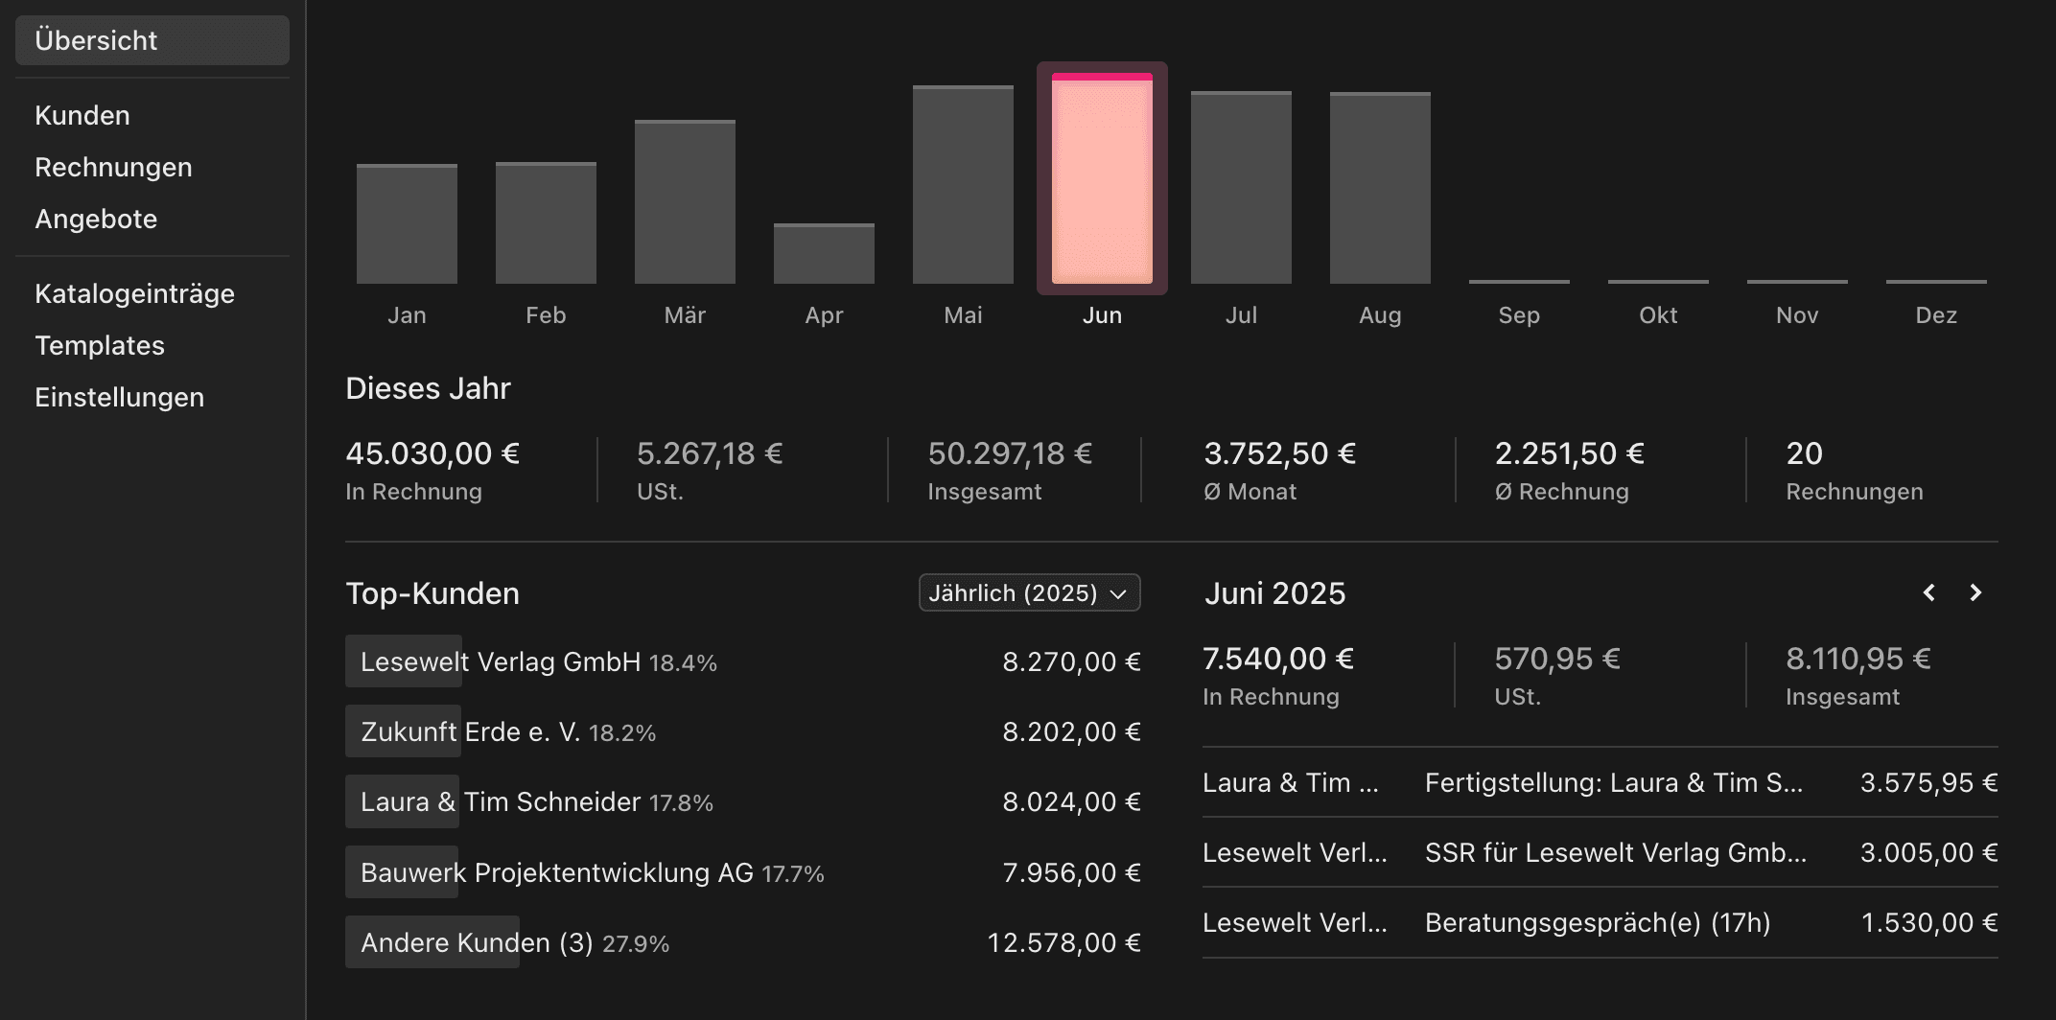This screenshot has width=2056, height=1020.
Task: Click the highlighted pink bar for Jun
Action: tap(1102, 180)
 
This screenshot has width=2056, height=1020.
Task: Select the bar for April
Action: tap(824, 254)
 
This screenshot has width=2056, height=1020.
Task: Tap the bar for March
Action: tap(685, 202)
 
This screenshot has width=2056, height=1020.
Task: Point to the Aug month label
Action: tap(1380, 315)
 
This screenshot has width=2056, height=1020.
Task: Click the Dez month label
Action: tap(1935, 315)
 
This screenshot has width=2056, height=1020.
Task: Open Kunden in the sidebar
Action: tap(82, 115)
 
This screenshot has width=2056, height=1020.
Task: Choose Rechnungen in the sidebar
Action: tap(113, 167)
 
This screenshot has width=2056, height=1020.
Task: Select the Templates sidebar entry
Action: tap(100, 345)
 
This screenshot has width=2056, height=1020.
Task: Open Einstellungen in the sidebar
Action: tap(119, 397)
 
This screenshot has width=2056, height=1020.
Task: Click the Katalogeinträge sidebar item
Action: tap(134, 293)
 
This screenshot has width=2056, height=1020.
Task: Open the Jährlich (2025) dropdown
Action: tap(1029, 592)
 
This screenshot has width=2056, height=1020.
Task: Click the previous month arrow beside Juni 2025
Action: tap(1928, 592)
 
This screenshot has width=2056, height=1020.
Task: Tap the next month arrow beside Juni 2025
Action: tap(1974, 592)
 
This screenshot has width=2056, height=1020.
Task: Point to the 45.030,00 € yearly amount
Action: tap(432, 453)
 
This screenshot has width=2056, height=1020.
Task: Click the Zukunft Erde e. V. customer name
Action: tap(470, 732)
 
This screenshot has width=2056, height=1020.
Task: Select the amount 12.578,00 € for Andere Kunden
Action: tap(1063, 943)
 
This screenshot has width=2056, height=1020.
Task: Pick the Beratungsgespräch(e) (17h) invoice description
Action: tap(1597, 923)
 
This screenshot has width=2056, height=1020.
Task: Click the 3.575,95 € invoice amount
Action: tap(1928, 783)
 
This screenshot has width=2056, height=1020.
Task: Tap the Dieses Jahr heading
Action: tap(428, 388)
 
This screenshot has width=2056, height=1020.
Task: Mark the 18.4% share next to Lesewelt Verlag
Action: tap(683, 663)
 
